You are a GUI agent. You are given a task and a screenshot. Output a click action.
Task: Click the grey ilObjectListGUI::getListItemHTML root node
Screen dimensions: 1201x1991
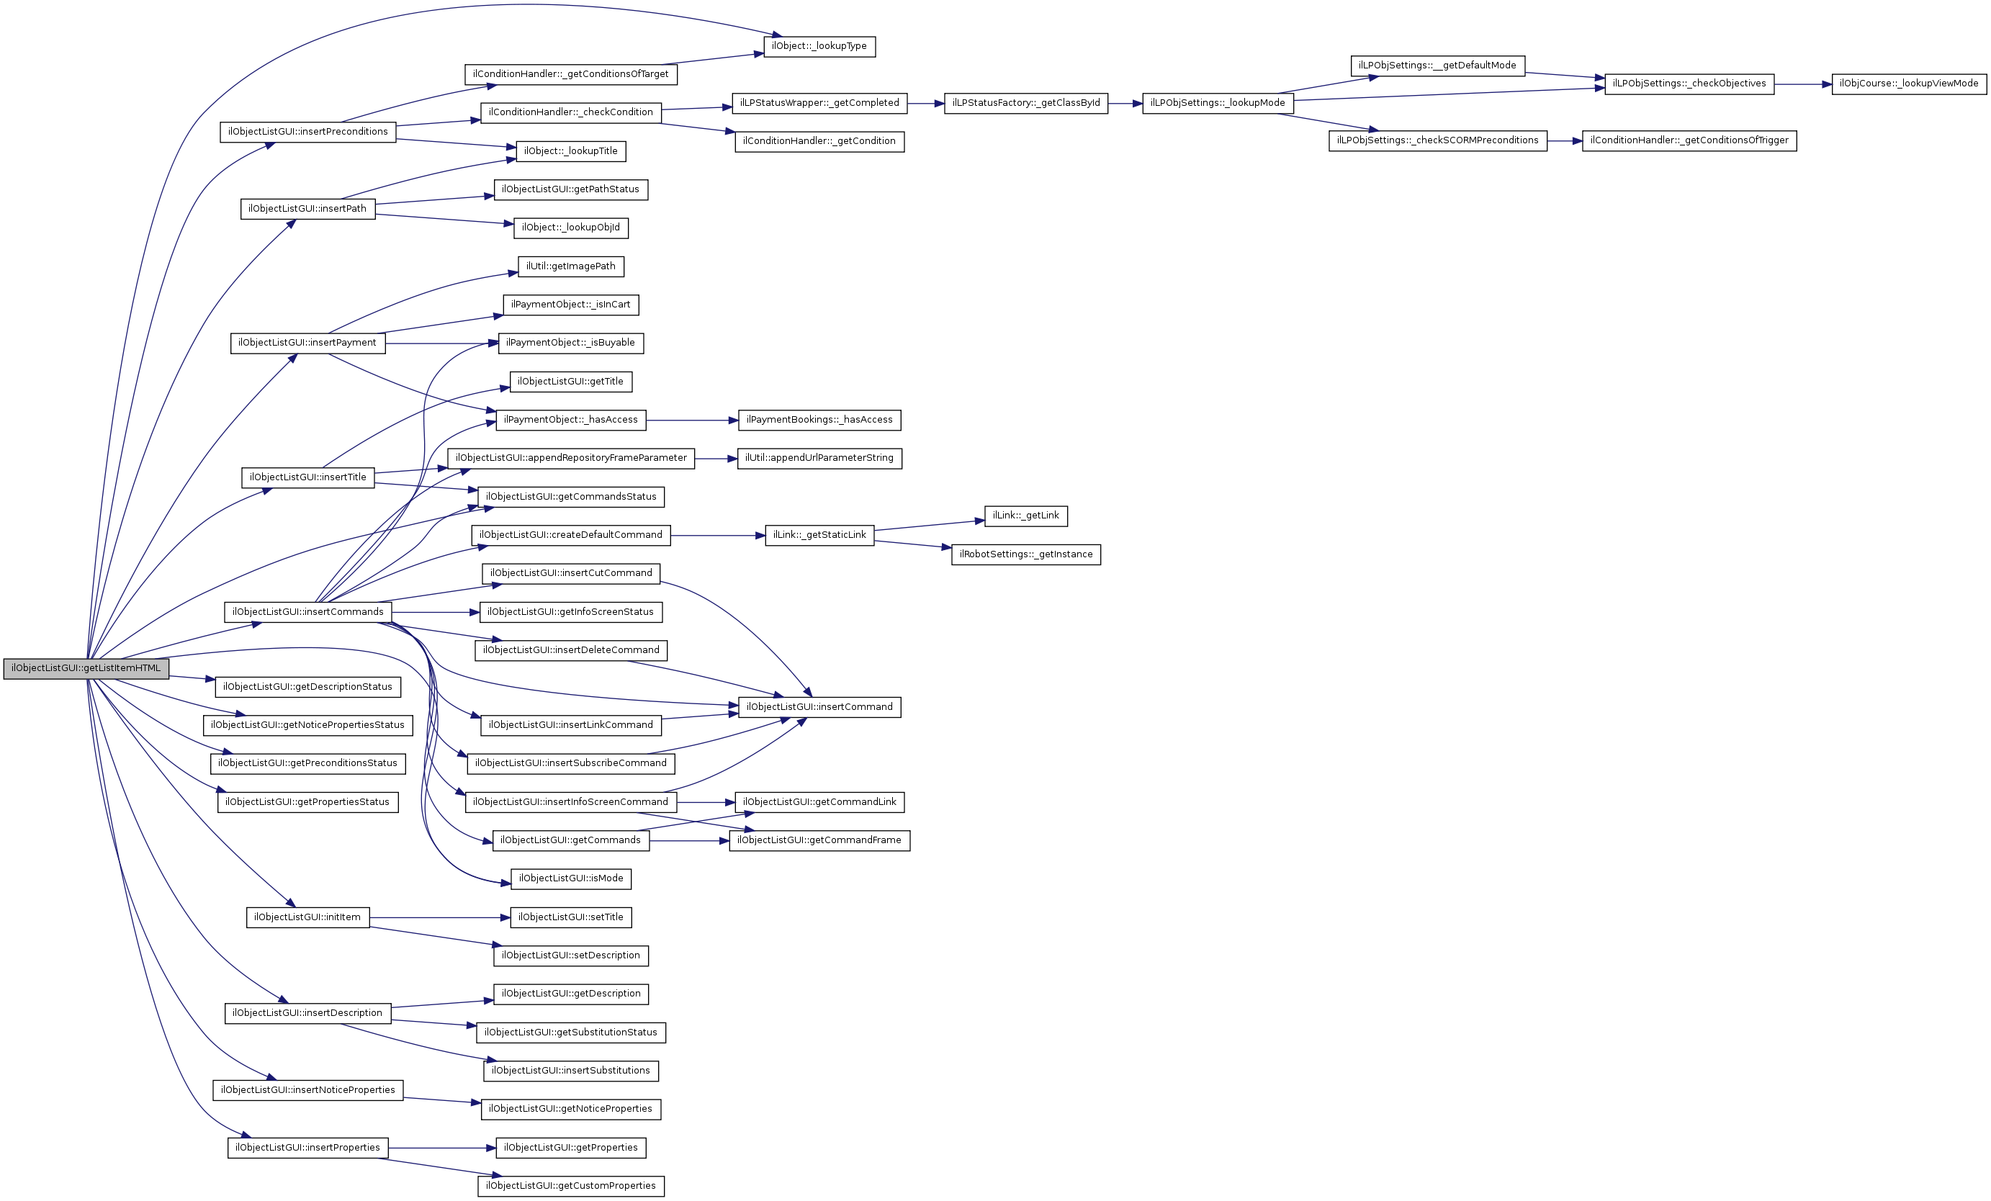point(86,668)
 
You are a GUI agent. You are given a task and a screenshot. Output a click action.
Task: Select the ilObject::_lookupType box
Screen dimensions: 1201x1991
point(819,46)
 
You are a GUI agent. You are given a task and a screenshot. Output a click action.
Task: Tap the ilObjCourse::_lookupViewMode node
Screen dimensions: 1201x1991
point(1909,84)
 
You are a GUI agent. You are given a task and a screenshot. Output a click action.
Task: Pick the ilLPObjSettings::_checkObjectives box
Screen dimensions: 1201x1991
point(1689,84)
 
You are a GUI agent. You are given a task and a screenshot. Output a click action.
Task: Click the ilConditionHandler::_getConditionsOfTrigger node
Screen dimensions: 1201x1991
point(1689,140)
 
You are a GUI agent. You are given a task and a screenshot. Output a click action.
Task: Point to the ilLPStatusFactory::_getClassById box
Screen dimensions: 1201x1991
point(1025,104)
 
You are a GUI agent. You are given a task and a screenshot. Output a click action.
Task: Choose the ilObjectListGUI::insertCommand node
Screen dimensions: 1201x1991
point(819,707)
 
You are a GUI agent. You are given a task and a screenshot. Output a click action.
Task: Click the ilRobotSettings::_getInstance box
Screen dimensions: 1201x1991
point(1025,554)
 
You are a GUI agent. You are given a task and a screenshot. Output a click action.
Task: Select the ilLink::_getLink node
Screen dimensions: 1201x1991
point(1025,516)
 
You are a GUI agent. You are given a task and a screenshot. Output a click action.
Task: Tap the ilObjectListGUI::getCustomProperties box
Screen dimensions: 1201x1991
point(570,1186)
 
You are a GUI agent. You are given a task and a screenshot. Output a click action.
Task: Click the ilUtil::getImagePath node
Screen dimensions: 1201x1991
point(570,266)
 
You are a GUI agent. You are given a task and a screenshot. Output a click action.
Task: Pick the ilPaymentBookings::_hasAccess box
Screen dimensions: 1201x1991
point(819,420)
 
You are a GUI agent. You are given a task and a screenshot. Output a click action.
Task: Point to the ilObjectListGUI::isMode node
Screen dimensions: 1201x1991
point(570,878)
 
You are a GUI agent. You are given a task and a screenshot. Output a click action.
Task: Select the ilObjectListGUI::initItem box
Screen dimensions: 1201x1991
point(307,917)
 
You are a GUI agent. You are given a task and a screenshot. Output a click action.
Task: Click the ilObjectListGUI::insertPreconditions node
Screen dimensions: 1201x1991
point(307,132)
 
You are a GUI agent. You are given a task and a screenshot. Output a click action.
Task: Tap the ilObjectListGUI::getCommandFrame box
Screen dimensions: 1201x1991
point(819,840)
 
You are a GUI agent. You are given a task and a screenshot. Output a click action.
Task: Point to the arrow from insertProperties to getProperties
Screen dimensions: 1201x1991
point(442,1148)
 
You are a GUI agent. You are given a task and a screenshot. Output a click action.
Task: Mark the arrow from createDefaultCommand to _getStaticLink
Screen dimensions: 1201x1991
point(717,535)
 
